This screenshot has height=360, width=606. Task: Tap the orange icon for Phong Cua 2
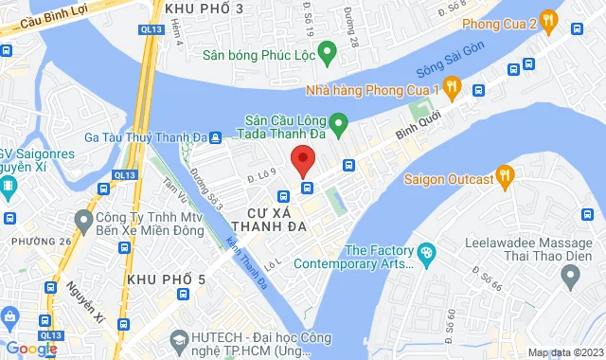[x=550, y=21]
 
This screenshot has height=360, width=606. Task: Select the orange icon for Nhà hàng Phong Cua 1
[x=453, y=88]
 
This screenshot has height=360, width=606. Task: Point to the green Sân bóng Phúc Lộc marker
[x=327, y=51]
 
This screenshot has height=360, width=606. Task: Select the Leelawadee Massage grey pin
[x=569, y=276]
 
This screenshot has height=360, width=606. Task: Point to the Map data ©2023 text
[x=565, y=353]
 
